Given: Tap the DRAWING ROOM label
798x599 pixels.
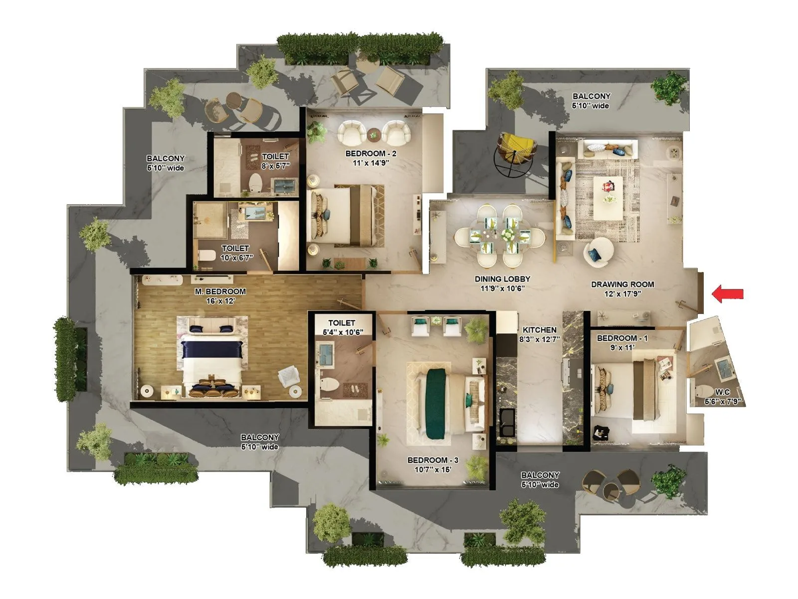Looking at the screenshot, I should pos(622,285).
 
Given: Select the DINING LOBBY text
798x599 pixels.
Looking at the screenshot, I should pos(502,279).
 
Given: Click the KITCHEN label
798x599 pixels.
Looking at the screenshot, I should pos(539,330).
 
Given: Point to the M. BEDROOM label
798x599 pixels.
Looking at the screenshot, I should pos(220,292).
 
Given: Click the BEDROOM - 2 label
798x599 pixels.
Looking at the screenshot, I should pos(371,154).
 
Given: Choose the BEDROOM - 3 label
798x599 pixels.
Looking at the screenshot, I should pos(432,460).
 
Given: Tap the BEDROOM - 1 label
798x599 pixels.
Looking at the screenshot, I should pos(622,338).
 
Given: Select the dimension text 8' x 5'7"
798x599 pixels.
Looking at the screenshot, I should pos(275,166).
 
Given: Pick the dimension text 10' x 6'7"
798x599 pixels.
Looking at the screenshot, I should pos(237,258).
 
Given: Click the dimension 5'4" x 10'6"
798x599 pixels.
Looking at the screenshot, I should pos(343,332).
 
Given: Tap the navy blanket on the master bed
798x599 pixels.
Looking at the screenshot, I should pos(213,349).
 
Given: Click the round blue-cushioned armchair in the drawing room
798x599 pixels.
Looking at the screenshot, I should pos(598,252).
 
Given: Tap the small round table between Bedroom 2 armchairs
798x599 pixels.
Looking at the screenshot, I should pos(374,135).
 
